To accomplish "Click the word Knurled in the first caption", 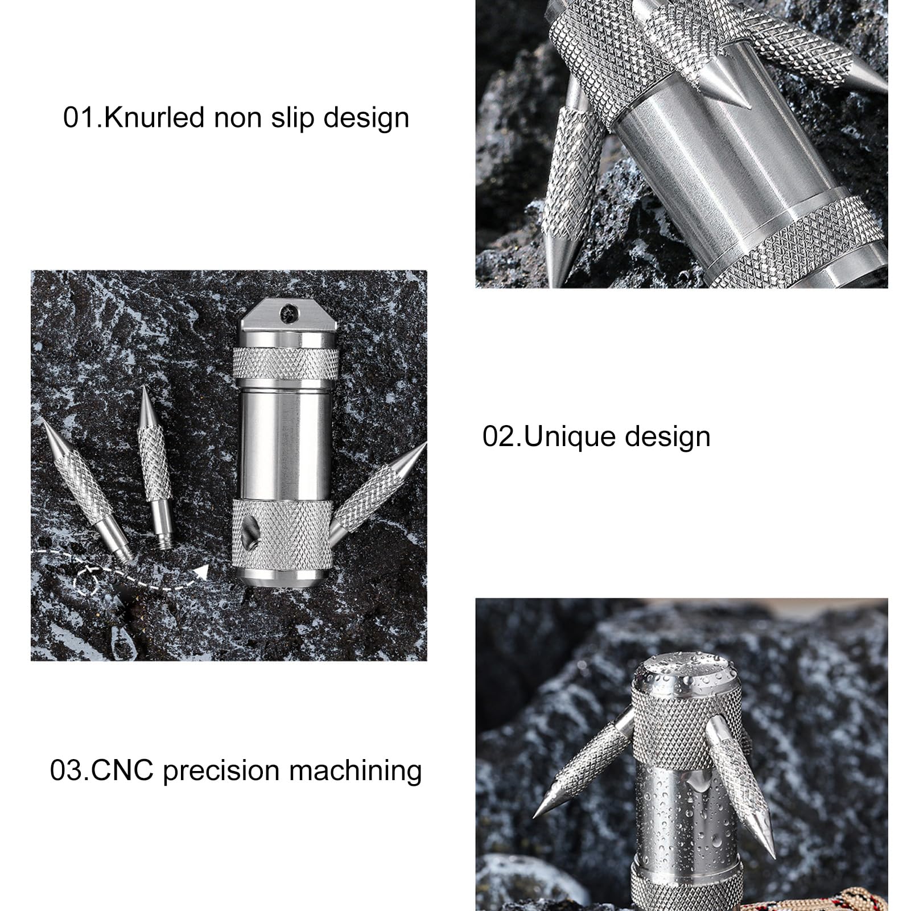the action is point(154,118).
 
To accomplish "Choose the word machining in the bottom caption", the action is point(355,772).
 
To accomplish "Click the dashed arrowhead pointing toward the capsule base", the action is point(200,571).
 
